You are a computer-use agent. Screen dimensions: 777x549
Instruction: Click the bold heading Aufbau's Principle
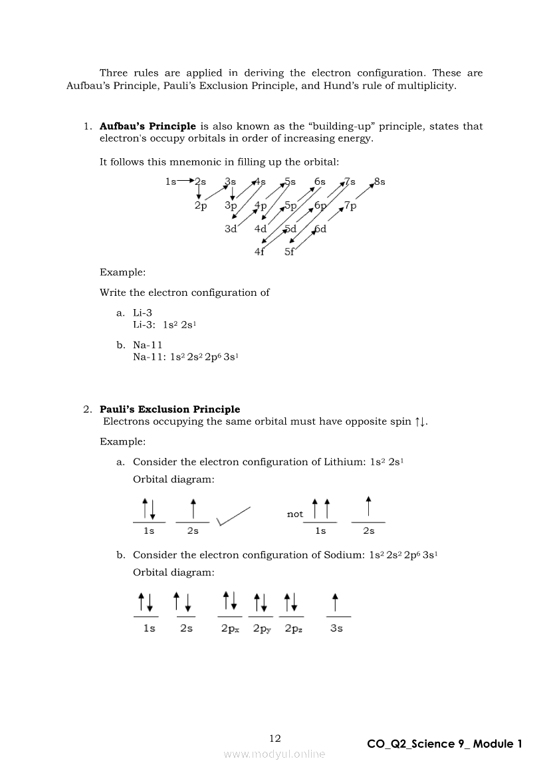[x=148, y=126]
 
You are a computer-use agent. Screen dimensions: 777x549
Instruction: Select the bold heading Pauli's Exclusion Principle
[x=169, y=409]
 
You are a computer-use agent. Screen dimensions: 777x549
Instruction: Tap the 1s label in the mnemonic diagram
[x=171, y=181]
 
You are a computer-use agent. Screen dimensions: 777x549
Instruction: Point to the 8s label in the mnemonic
[x=380, y=181]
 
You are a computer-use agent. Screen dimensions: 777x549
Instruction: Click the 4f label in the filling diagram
[x=260, y=252]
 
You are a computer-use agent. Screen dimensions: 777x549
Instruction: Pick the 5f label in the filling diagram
[x=290, y=252]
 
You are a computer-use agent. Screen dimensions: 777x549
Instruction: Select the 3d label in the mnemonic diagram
[x=231, y=229]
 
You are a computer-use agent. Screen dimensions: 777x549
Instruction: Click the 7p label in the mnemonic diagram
[x=350, y=206]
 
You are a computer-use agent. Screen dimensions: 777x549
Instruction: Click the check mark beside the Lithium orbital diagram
[x=233, y=516]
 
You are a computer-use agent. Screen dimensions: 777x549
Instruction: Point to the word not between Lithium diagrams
[x=294, y=514]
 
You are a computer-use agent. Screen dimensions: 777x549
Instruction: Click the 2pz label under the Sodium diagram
[x=294, y=628]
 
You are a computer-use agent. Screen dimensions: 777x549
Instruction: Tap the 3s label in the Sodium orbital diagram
[x=336, y=628]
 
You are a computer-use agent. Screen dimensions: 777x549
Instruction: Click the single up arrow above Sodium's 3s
[x=336, y=602]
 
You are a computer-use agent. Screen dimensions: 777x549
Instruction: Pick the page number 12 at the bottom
[x=275, y=738]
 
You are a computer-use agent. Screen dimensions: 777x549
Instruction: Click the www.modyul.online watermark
[x=274, y=754]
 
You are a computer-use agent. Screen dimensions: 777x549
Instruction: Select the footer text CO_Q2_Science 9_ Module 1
[x=445, y=744]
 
